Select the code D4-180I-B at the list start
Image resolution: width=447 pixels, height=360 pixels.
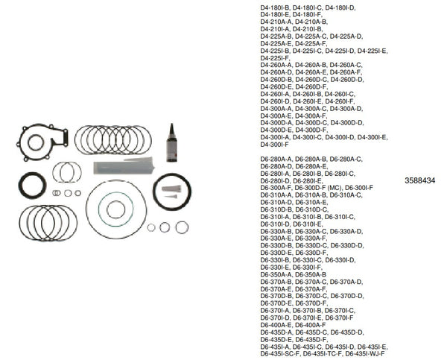coord(276,7)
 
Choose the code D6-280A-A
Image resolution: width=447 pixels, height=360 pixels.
coord(277,159)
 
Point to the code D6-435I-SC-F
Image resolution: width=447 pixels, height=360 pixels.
coord(280,353)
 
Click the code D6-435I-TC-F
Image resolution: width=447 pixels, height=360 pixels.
coord(320,353)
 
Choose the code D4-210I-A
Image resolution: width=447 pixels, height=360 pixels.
coord(276,29)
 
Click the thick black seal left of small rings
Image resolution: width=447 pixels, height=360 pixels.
coord(34,186)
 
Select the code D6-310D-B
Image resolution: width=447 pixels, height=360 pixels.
coord(277,209)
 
